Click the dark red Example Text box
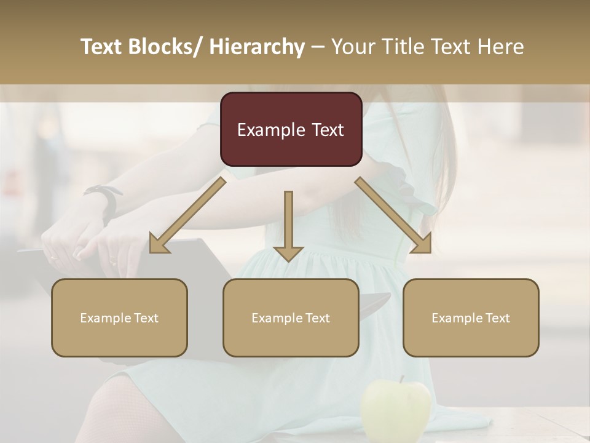(291, 129)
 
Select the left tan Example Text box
(119, 317)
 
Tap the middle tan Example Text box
(291, 317)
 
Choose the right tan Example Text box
(471, 317)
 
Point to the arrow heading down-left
(187, 215)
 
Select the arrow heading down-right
(394, 215)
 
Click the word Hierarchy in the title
(257, 47)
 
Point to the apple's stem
(402, 380)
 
